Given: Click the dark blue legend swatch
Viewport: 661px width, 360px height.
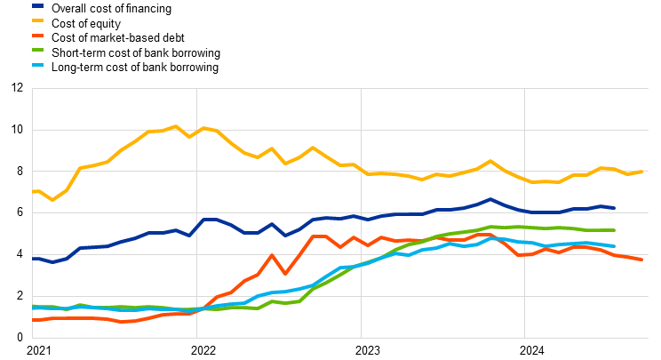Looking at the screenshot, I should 37,5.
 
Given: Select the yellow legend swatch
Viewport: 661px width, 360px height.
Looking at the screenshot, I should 37,20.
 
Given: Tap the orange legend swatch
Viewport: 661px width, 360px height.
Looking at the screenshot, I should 37,35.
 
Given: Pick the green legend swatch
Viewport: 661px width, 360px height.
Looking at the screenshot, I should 37,50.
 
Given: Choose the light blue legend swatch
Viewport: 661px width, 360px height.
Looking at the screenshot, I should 37,65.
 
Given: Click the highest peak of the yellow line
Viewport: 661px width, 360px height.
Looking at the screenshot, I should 175,126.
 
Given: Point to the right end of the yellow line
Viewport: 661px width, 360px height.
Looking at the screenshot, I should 641,172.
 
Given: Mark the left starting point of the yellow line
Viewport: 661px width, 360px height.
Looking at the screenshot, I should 33,191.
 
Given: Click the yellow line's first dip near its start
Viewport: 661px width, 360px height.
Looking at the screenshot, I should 52,200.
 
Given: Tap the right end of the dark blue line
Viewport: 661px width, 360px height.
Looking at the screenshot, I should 614,208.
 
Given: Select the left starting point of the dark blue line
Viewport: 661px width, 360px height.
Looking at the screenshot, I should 33,259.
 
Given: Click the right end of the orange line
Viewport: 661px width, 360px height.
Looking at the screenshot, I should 641,260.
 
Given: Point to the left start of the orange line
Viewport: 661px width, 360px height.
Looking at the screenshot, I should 33,319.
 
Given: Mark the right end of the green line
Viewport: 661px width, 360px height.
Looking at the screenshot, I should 614,230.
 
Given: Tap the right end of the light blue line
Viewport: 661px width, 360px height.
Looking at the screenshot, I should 614,246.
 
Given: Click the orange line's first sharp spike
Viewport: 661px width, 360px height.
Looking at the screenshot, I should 271,255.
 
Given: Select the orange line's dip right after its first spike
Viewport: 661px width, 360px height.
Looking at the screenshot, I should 284,274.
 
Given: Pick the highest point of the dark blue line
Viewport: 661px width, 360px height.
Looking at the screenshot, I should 490,199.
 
